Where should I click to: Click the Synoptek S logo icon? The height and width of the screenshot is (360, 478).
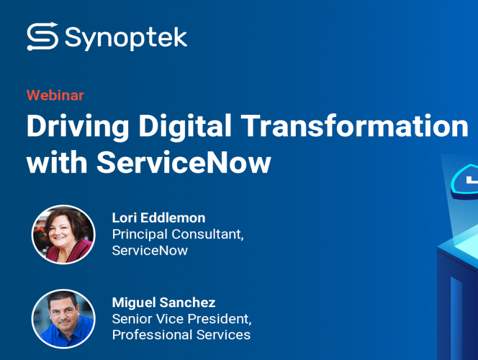coord(42,36)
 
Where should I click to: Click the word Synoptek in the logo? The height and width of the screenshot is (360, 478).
coord(126,38)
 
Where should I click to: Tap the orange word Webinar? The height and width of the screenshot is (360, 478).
coord(55,95)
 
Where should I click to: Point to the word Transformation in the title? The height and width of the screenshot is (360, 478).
coord(354,125)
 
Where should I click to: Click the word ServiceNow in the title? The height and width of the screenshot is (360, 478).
coord(184,162)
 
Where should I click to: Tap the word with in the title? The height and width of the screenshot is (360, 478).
coord(57,162)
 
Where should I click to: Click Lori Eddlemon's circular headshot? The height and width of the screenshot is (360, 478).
coord(64,235)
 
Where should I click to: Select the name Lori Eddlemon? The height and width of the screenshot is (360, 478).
coord(159,218)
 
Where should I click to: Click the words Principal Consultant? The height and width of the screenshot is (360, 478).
coord(178,235)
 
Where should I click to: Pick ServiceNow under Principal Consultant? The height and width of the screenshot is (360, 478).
coord(150,250)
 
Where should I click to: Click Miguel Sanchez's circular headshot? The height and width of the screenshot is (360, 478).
coord(64,319)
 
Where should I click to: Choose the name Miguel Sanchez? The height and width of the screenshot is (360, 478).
coord(164,303)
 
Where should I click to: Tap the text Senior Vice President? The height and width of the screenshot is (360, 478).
coord(182,319)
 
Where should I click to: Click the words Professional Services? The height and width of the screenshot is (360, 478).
coord(182,335)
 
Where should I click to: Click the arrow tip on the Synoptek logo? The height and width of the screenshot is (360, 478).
coord(56,24)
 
